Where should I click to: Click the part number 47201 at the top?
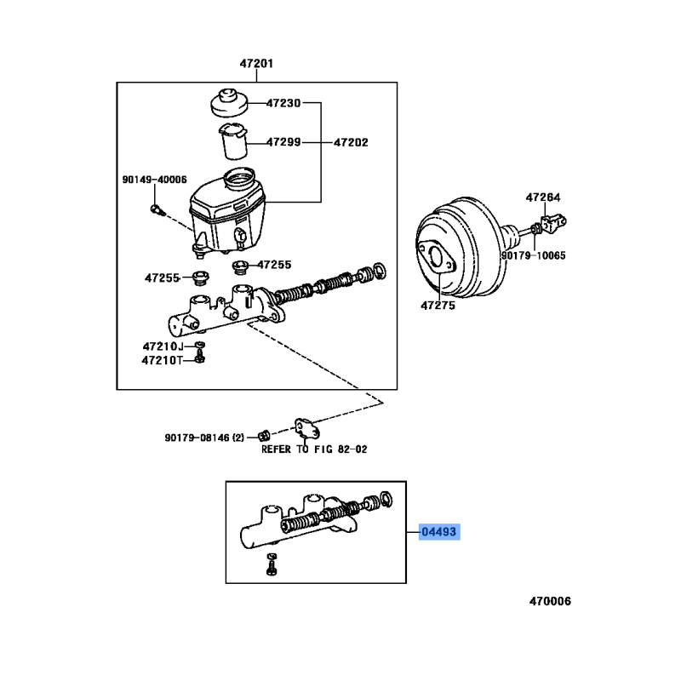pos(257,63)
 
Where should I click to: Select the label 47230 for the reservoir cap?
pos(283,103)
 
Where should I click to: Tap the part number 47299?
pos(283,142)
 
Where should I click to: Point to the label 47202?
pos(351,142)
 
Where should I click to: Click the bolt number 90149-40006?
pos(155,180)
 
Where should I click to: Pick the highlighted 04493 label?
pos(439,531)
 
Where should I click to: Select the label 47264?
pos(543,197)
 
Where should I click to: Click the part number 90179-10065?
pos(534,255)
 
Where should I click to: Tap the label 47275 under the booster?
pos(438,306)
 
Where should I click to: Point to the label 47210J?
pos(163,346)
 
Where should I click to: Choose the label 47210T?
pos(163,360)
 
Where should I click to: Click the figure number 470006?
pos(550,601)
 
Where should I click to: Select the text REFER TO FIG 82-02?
pos(314,449)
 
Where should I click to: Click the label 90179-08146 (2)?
pos(204,438)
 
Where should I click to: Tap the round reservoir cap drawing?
pos(229,103)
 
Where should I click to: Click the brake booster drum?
pos(461,250)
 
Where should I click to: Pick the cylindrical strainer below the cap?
pos(233,141)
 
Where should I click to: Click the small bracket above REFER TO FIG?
pos(306,429)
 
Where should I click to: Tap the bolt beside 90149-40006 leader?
pos(157,210)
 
